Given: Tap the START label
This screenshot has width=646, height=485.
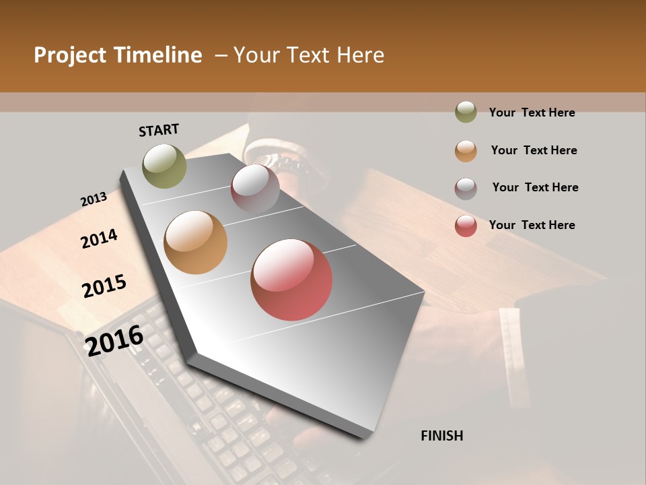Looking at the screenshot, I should pyautogui.click(x=159, y=130).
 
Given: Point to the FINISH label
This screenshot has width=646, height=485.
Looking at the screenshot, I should pyautogui.click(x=442, y=436).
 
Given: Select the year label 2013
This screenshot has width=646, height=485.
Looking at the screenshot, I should pyautogui.click(x=94, y=199).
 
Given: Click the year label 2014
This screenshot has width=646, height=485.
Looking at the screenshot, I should pyautogui.click(x=99, y=238).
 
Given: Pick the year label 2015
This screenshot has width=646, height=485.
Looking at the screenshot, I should pyautogui.click(x=104, y=286).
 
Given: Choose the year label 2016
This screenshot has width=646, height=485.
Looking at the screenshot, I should pyautogui.click(x=114, y=340).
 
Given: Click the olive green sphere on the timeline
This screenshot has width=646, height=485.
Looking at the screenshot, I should pyautogui.click(x=164, y=166).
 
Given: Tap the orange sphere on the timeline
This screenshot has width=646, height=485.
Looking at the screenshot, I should pyautogui.click(x=195, y=243).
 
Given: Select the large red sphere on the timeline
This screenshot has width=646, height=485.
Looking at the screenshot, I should pyautogui.click(x=291, y=280).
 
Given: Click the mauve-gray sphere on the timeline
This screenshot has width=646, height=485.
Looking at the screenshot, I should pyautogui.click(x=255, y=188).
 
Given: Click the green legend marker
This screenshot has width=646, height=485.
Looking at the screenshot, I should pyautogui.click(x=466, y=112).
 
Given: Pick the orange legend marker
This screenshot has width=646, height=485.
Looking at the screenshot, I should pyautogui.click(x=466, y=151).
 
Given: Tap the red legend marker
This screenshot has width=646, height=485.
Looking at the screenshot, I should pyautogui.click(x=466, y=226).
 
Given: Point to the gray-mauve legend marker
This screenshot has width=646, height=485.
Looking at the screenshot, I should pyautogui.click(x=466, y=188).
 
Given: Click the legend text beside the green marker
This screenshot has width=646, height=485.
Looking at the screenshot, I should pyautogui.click(x=532, y=113).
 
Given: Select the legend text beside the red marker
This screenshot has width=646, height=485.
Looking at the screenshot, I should pyautogui.click(x=532, y=225).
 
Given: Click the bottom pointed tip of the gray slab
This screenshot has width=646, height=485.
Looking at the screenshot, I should pyautogui.click(x=364, y=437).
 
